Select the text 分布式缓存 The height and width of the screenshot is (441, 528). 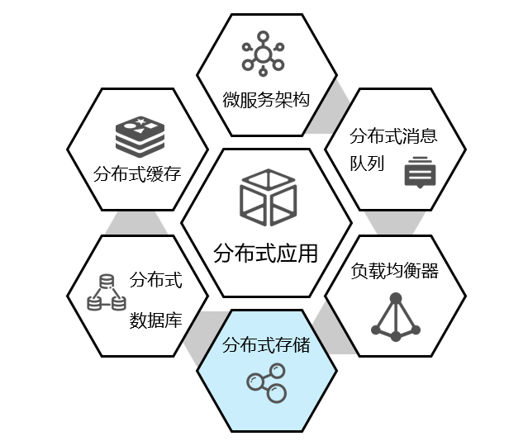point(136,173)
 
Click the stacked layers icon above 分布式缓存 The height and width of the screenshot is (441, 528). point(140,135)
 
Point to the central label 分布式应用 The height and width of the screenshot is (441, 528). point(265,253)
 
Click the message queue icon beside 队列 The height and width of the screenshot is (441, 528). point(419,171)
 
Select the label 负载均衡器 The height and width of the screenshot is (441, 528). point(394,270)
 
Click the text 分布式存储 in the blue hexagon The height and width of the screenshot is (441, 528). point(266,344)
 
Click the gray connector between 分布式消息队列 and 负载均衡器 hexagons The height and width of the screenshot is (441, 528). point(395,222)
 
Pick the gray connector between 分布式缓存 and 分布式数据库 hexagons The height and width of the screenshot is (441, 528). point(136,222)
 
